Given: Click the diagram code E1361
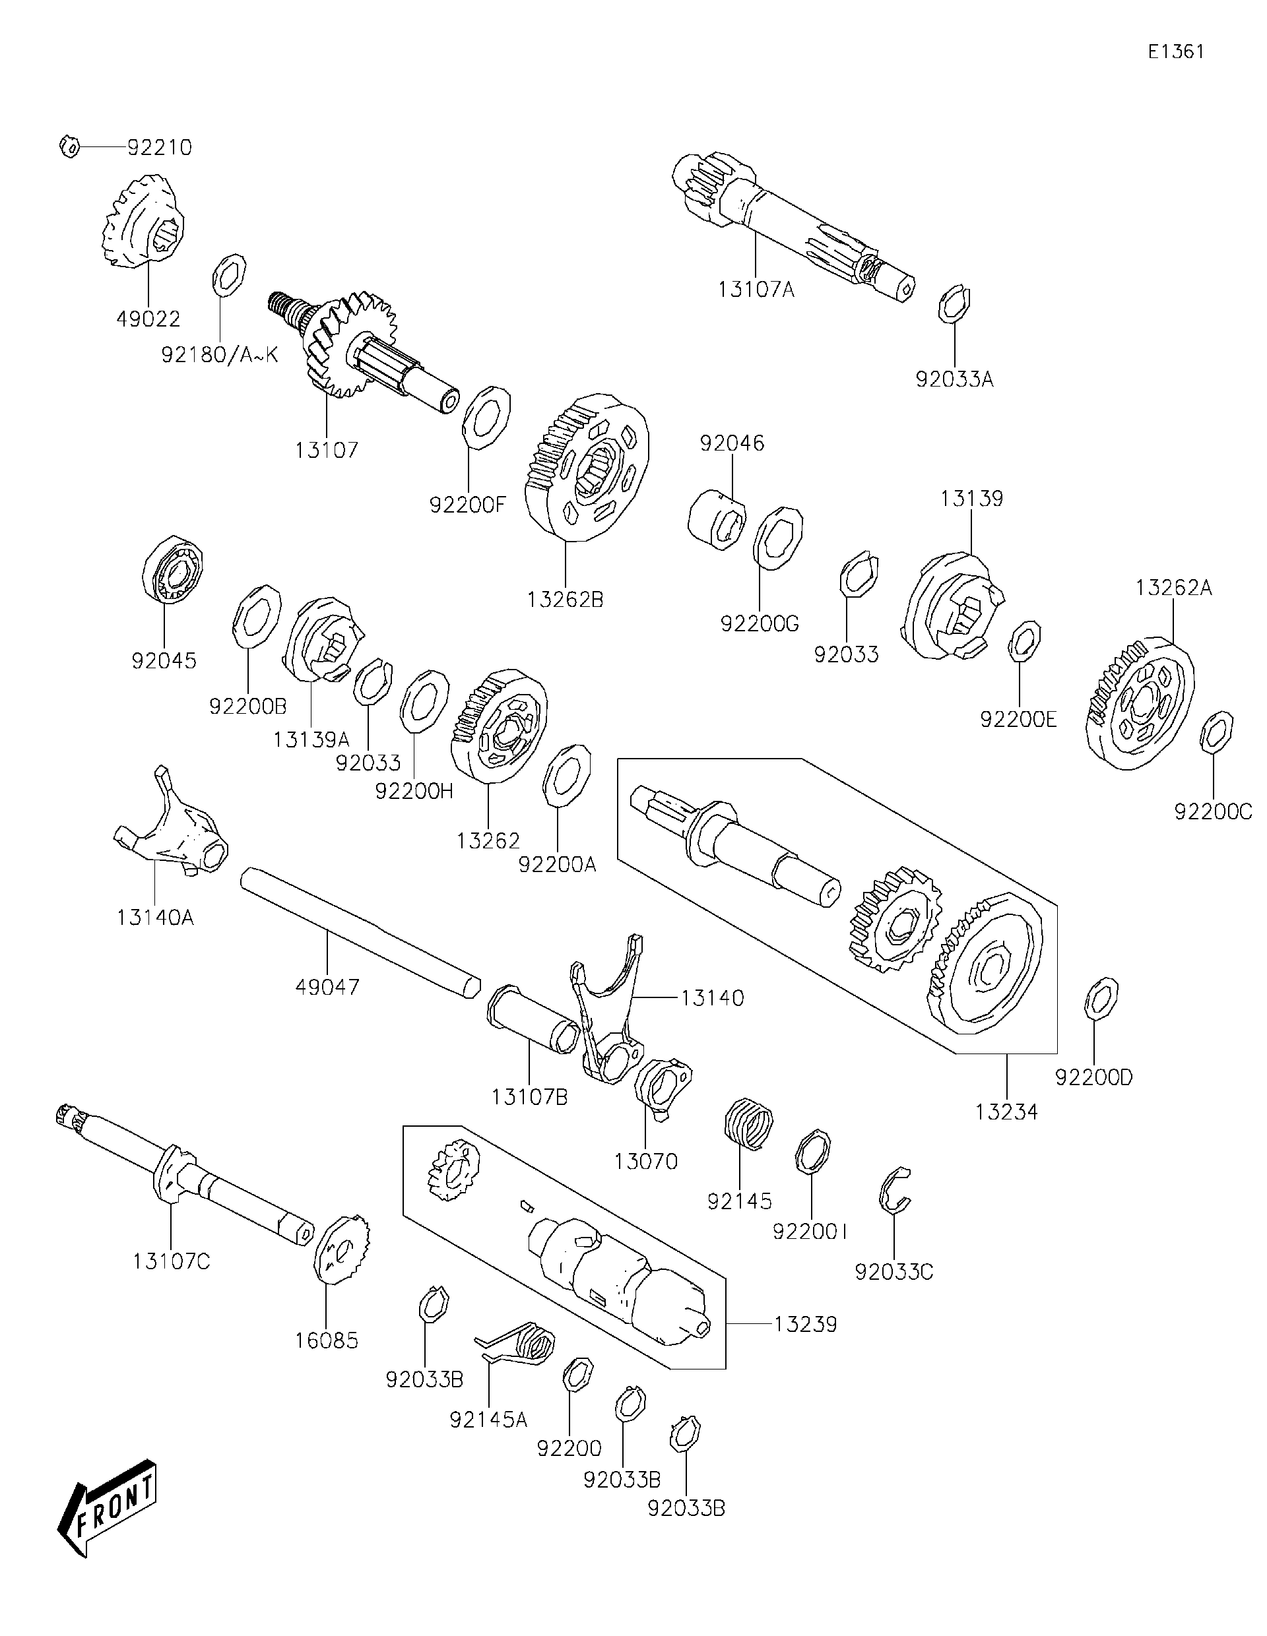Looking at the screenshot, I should click(x=1177, y=51).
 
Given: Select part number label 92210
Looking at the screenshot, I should click(x=160, y=148).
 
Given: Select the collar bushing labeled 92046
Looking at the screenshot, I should click(x=717, y=519).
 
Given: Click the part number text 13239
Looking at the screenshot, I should click(x=806, y=1325).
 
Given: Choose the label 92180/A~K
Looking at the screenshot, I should click(x=220, y=354).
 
